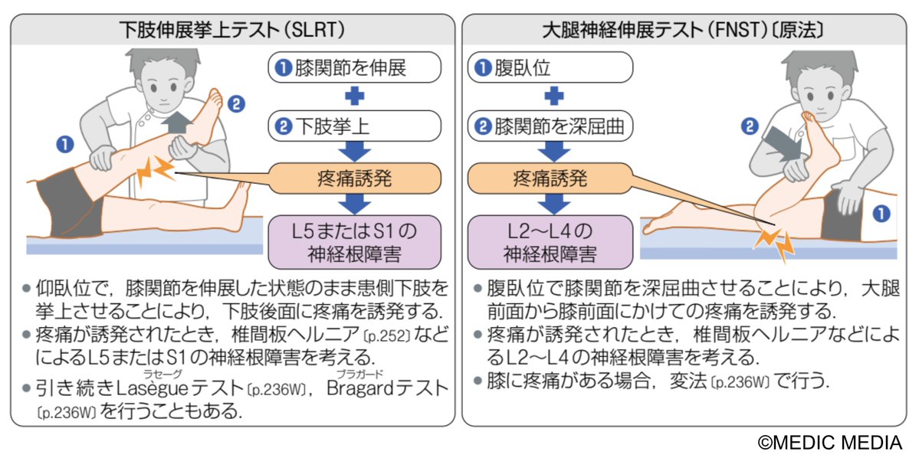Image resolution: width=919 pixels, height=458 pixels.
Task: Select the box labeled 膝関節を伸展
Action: (x=354, y=67)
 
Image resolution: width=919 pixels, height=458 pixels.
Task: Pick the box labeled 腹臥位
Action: (x=550, y=67)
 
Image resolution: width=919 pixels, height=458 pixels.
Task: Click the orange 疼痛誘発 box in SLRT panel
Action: (x=354, y=179)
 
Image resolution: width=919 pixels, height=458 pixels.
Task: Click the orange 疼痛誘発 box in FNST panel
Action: (x=550, y=179)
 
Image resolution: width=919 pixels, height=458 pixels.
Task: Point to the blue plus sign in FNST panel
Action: (x=550, y=97)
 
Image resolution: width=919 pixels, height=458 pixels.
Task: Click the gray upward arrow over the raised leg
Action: (x=177, y=121)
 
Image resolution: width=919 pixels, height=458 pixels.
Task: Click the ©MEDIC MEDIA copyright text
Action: (x=831, y=442)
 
